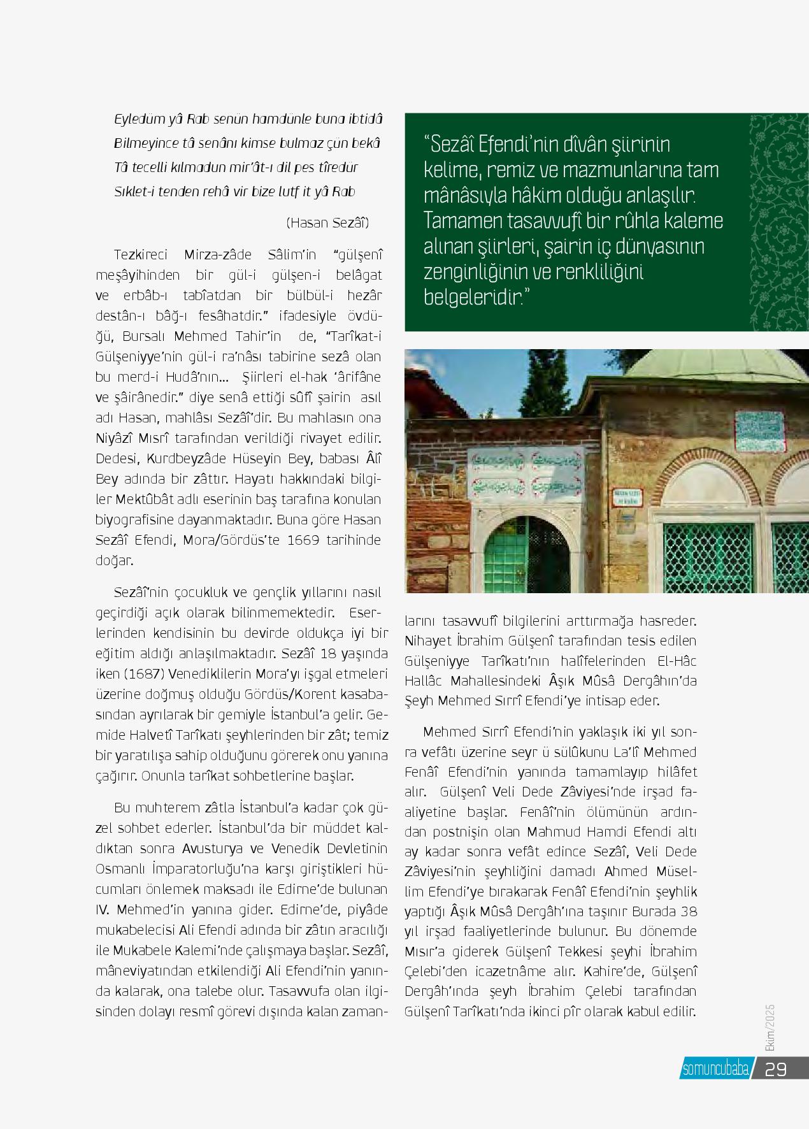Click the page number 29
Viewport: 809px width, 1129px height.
776,1069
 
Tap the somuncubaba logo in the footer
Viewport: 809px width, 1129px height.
715,1069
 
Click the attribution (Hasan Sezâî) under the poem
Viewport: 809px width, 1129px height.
327,222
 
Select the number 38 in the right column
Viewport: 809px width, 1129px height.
685,911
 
